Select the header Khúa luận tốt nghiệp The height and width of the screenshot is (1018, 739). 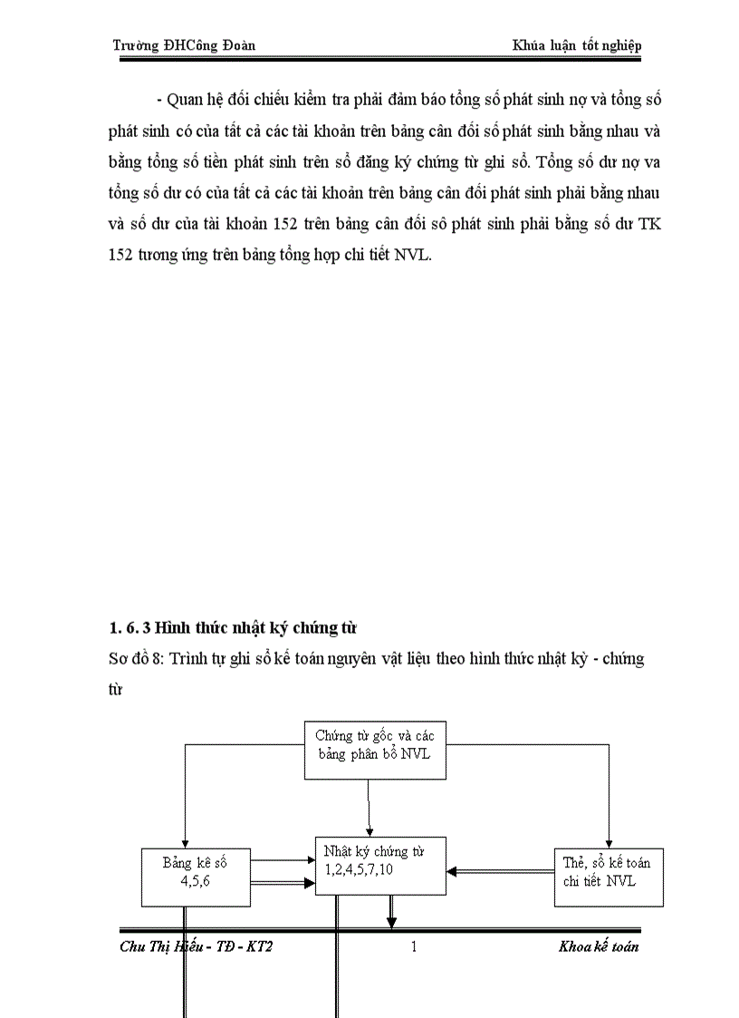[577, 45]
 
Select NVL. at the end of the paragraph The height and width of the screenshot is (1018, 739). [414, 255]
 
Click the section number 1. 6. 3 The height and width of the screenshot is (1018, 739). [130, 627]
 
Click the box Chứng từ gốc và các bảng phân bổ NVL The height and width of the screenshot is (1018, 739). [375, 749]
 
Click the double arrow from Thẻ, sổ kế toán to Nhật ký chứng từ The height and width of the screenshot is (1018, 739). [500, 872]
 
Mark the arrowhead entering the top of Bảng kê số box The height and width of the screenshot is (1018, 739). [185, 843]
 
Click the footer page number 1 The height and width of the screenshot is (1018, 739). [413, 947]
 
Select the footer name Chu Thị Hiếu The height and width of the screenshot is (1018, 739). [155, 947]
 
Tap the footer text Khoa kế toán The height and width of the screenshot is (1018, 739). [600, 947]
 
